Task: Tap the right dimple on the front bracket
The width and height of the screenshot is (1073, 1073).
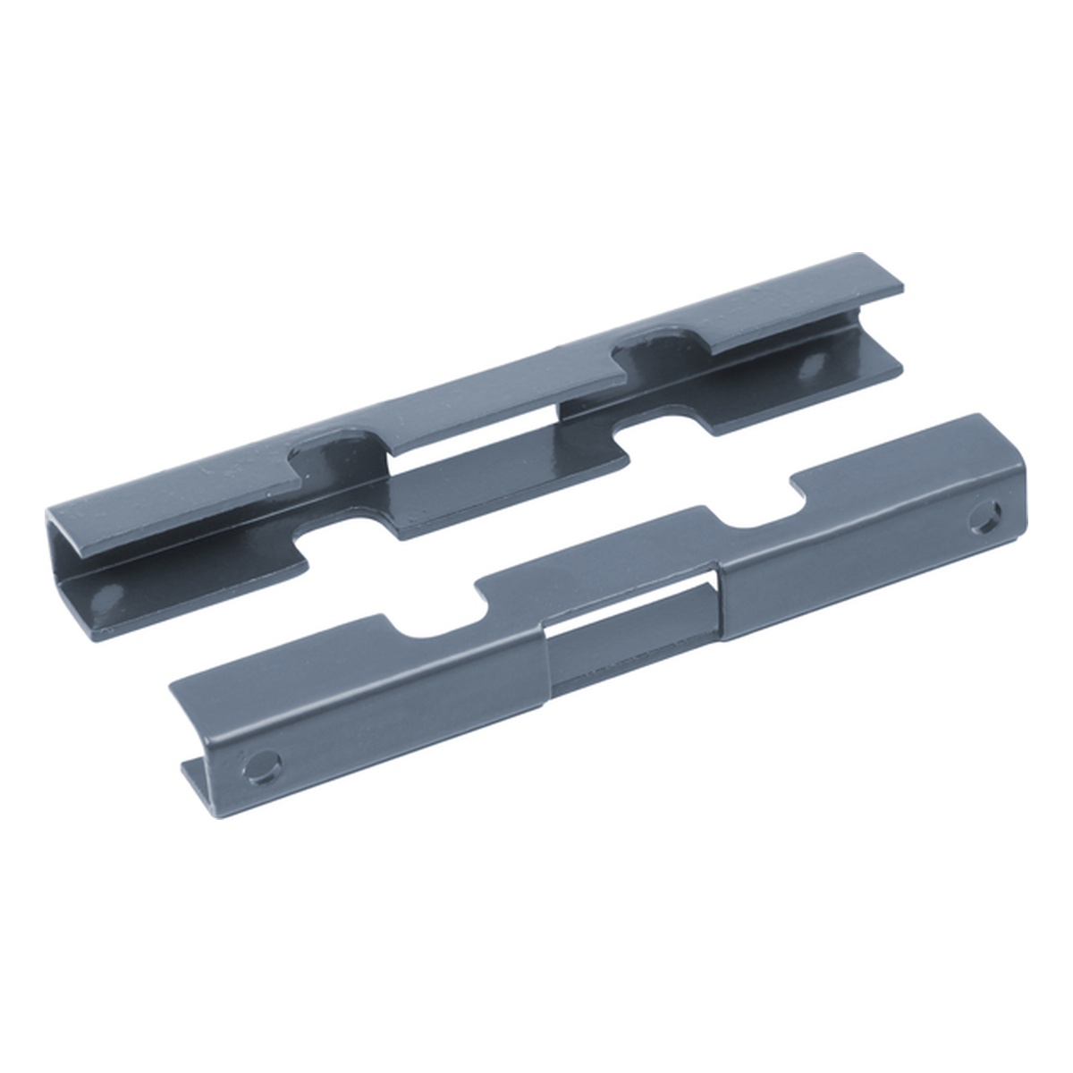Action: click(x=987, y=518)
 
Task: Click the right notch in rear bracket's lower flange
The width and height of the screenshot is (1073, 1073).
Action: click(x=662, y=429)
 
